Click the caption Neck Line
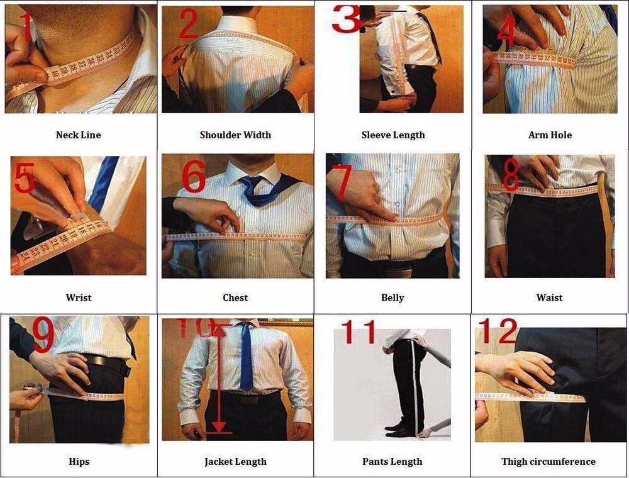[78, 135]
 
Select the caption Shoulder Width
[235, 135]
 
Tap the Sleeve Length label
[393, 135]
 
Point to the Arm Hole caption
[550, 135]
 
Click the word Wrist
[79, 297]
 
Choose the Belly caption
[392, 297]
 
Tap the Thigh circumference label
[548, 461]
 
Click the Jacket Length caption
[235, 461]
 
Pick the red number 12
[498, 331]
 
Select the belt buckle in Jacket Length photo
[248, 398]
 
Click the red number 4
[506, 31]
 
